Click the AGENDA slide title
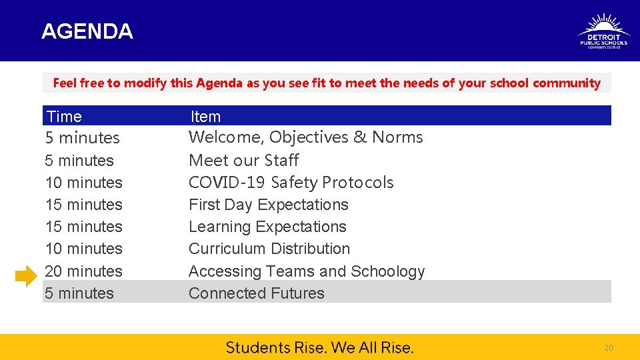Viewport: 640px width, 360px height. click(87, 31)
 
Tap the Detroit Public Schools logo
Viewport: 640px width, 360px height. click(603, 31)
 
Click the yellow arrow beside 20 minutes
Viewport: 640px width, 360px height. click(26, 275)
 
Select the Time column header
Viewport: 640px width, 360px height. click(65, 117)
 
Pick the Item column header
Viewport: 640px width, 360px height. click(205, 117)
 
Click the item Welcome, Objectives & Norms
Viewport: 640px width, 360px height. click(305, 137)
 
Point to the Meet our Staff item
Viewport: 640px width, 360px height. click(243, 161)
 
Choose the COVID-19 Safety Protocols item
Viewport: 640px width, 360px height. click(291, 183)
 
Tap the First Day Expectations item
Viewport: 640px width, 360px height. click(268, 205)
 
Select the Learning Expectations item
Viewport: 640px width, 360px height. click(267, 227)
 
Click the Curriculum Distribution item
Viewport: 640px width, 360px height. click(269, 249)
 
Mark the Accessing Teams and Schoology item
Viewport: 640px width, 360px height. click(306, 271)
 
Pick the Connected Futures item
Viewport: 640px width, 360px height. click(256, 293)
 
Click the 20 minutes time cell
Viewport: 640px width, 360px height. click(83, 271)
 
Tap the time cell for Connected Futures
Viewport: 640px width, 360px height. click(79, 293)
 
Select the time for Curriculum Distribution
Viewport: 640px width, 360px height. click(83, 249)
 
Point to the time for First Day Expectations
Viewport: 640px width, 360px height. click(83, 205)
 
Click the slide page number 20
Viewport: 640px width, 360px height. click(608, 348)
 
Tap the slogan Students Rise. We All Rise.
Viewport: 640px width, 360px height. click(319, 347)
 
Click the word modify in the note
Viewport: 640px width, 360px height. click(145, 83)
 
